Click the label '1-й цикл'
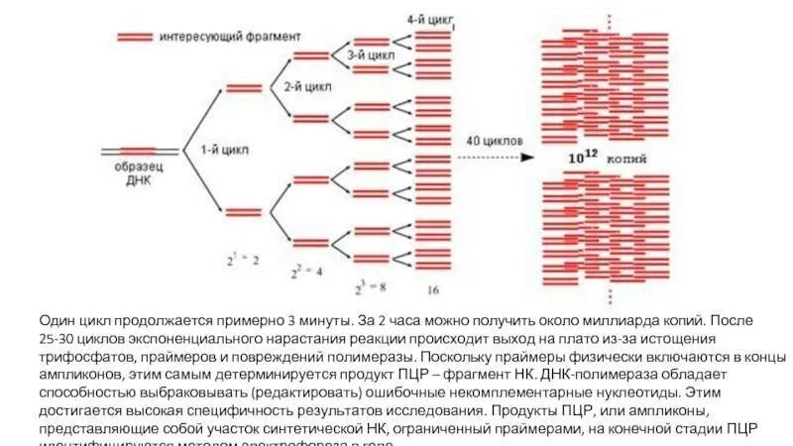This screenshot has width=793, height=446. (225, 151)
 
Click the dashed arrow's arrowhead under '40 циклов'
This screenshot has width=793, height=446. (528, 157)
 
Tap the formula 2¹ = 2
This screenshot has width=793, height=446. (243, 260)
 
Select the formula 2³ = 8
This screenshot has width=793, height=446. (371, 289)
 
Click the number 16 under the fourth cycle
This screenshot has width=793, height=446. (433, 290)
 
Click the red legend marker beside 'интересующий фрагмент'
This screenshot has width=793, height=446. (135, 37)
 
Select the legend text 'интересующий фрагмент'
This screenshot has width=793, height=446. (228, 37)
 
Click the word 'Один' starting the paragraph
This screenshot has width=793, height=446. (57, 321)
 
